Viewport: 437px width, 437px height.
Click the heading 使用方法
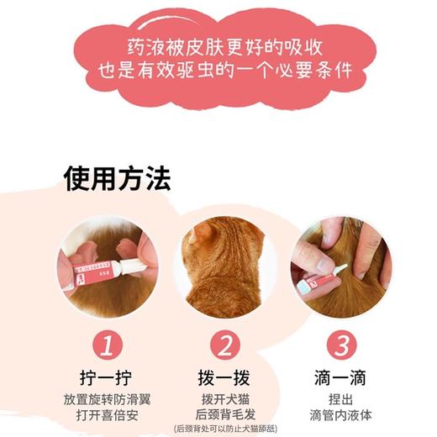[x=117, y=179]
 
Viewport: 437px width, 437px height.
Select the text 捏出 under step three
[x=335, y=398]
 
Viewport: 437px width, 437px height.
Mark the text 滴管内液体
[x=335, y=415]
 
